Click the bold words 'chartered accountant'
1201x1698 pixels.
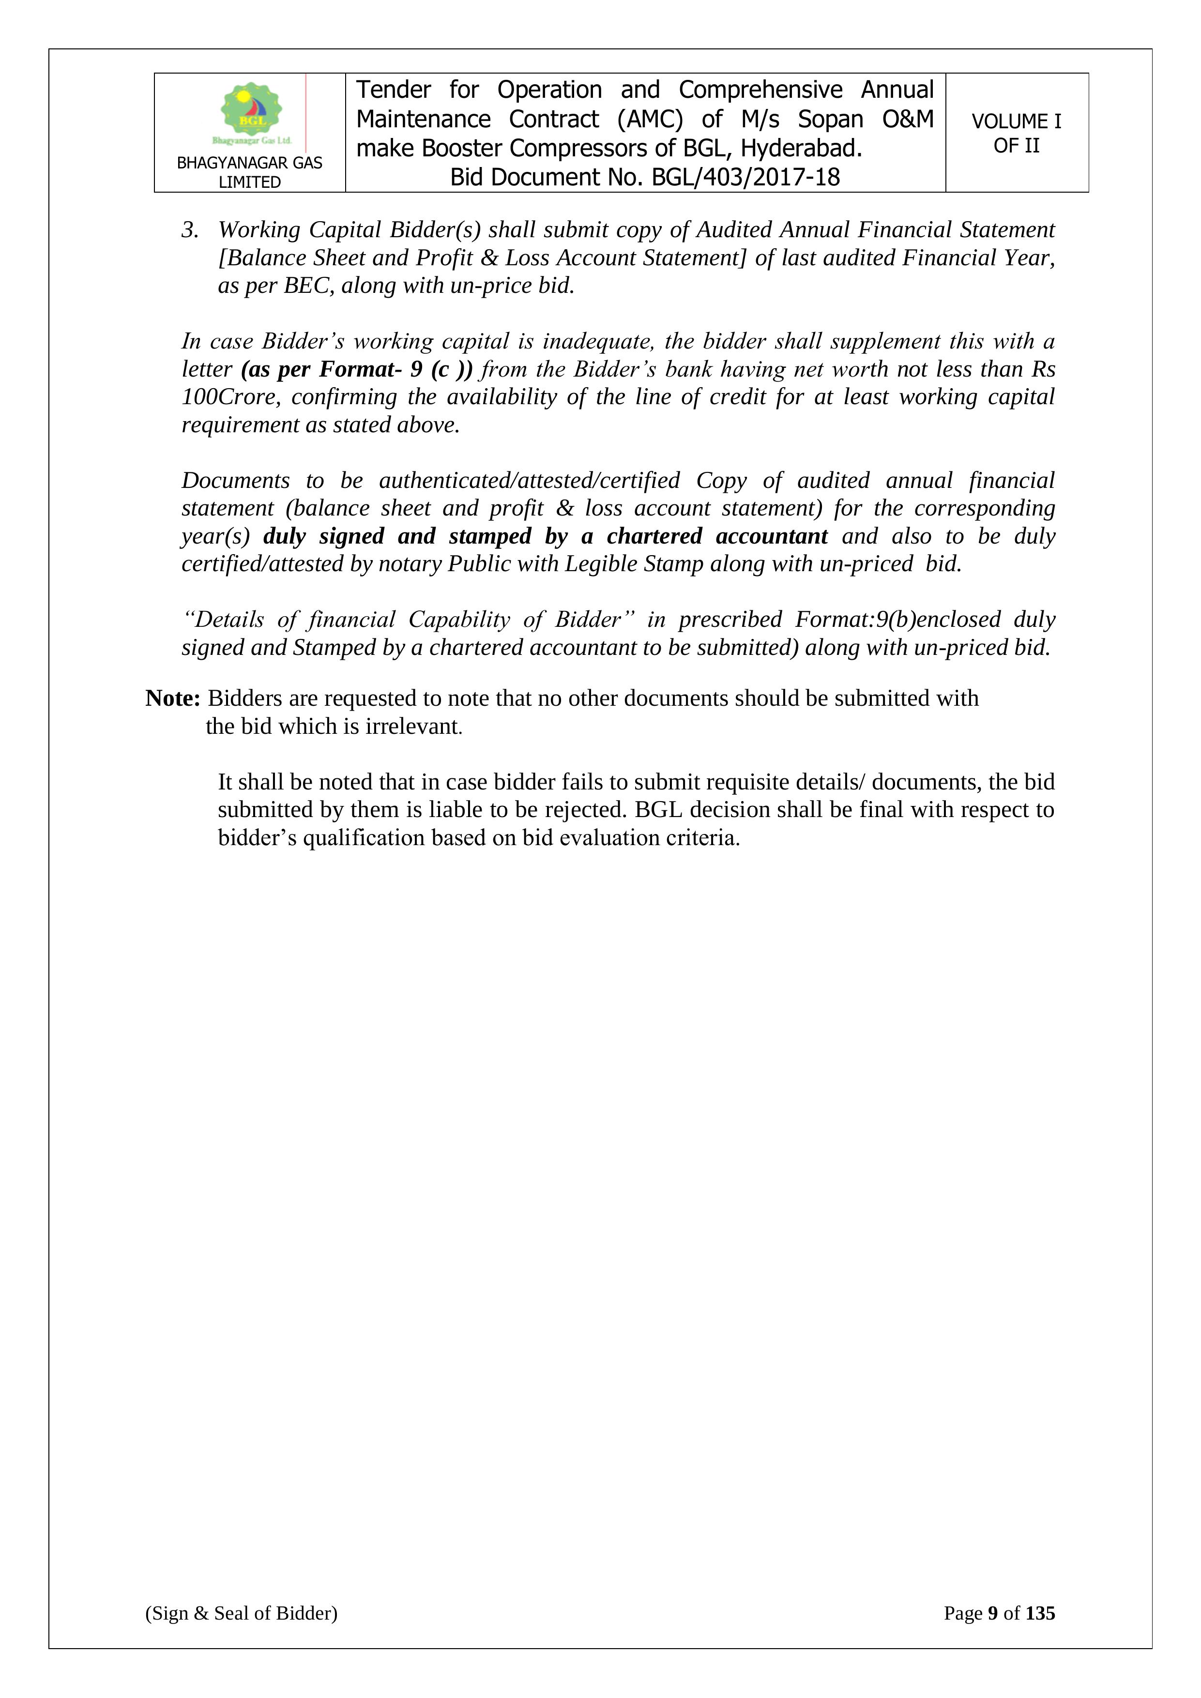tap(717, 536)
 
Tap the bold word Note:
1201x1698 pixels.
tap(173, 698)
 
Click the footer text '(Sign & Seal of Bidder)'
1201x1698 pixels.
tap(241, 1613)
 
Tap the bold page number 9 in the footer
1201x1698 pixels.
tap(992, 1613)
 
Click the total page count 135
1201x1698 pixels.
tap(1040, 1613)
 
